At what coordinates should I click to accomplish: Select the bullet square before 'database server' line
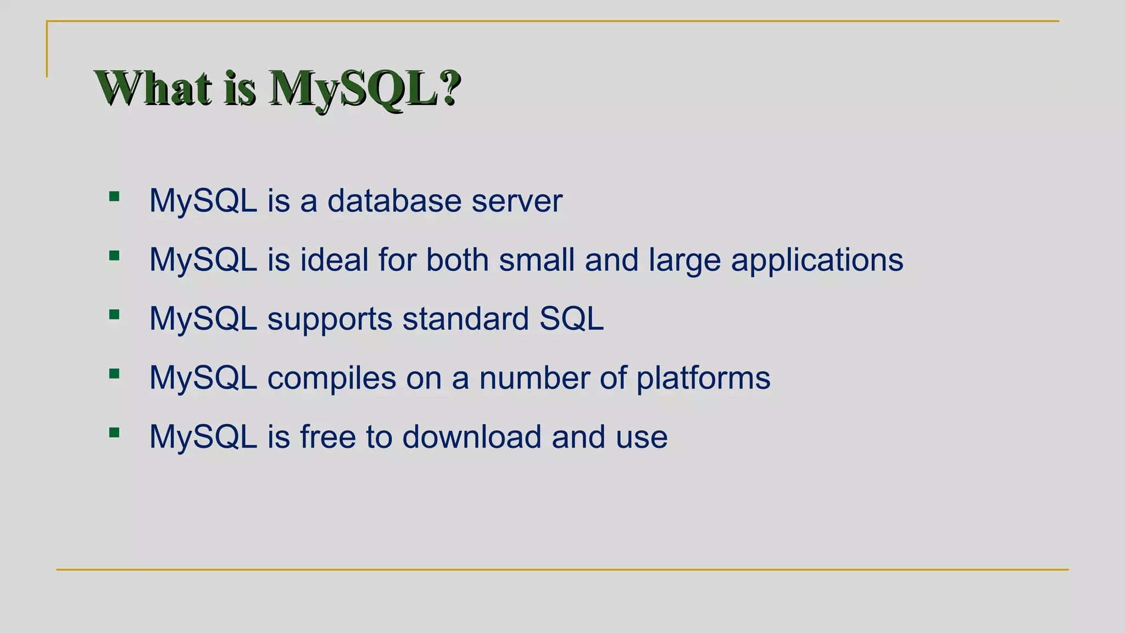[x=114, y=196]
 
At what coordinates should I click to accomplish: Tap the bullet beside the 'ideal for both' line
[x=114, y=256]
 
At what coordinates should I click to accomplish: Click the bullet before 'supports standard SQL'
[x=114, y=314]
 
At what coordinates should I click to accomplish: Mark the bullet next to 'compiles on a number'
[x=114, y=374]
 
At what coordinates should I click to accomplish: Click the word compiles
[x=332, y=379]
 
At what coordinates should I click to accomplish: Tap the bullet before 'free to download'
[x=114, y=432]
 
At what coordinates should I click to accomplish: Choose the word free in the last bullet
[x=328, y=437]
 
